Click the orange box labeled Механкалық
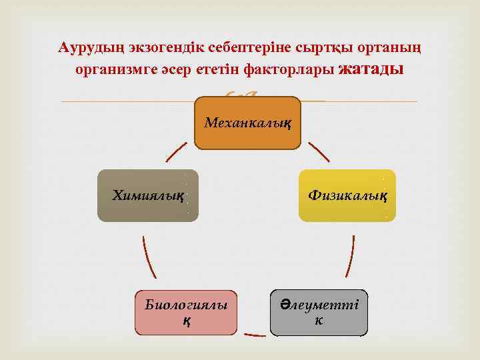(247, 123)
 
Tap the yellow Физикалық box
(347, 195)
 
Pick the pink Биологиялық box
(186, 312)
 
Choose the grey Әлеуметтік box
(319, 312)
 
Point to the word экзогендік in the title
(149, 48)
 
